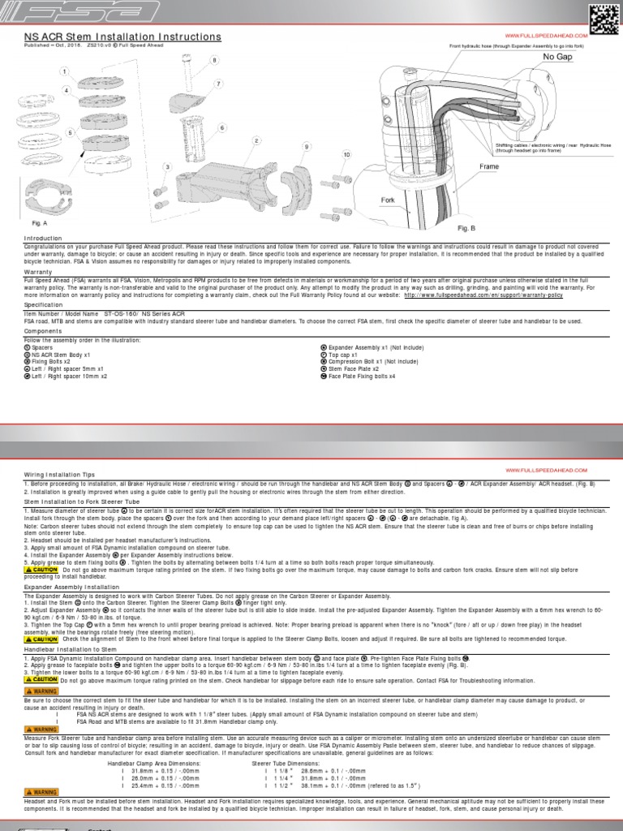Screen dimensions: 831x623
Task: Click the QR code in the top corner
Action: pyautogui.click(x=601, y=17)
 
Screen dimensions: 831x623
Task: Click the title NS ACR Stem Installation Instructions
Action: pyautogui.click(x=122, y=37)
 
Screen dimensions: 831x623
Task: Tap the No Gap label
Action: pyautogui.click(x=557, y=58)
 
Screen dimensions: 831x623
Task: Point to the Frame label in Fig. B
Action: pyautogui.click(x=489, y=166)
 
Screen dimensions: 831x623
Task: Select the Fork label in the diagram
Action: pyautogui.click(x=388, y=199)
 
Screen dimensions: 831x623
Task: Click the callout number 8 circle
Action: pyautogui.click(x=215, y=61)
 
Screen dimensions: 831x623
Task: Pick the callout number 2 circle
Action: pyautogui.click(x=256, y=140)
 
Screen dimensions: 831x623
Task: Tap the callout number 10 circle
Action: pyautogui.click(x=346, y=154)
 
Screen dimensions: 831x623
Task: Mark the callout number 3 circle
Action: pyautogui.click(x=168, y=167)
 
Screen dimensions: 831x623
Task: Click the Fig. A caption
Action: pyautogui.click(x=39, y=222)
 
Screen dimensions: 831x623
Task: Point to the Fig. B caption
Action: pyautogui.click(x=466, y=229)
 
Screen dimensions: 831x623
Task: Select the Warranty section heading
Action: pyautogui.click(x=38, y=272)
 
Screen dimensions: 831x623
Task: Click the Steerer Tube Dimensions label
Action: pyautogui.click(x=286, y=764)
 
